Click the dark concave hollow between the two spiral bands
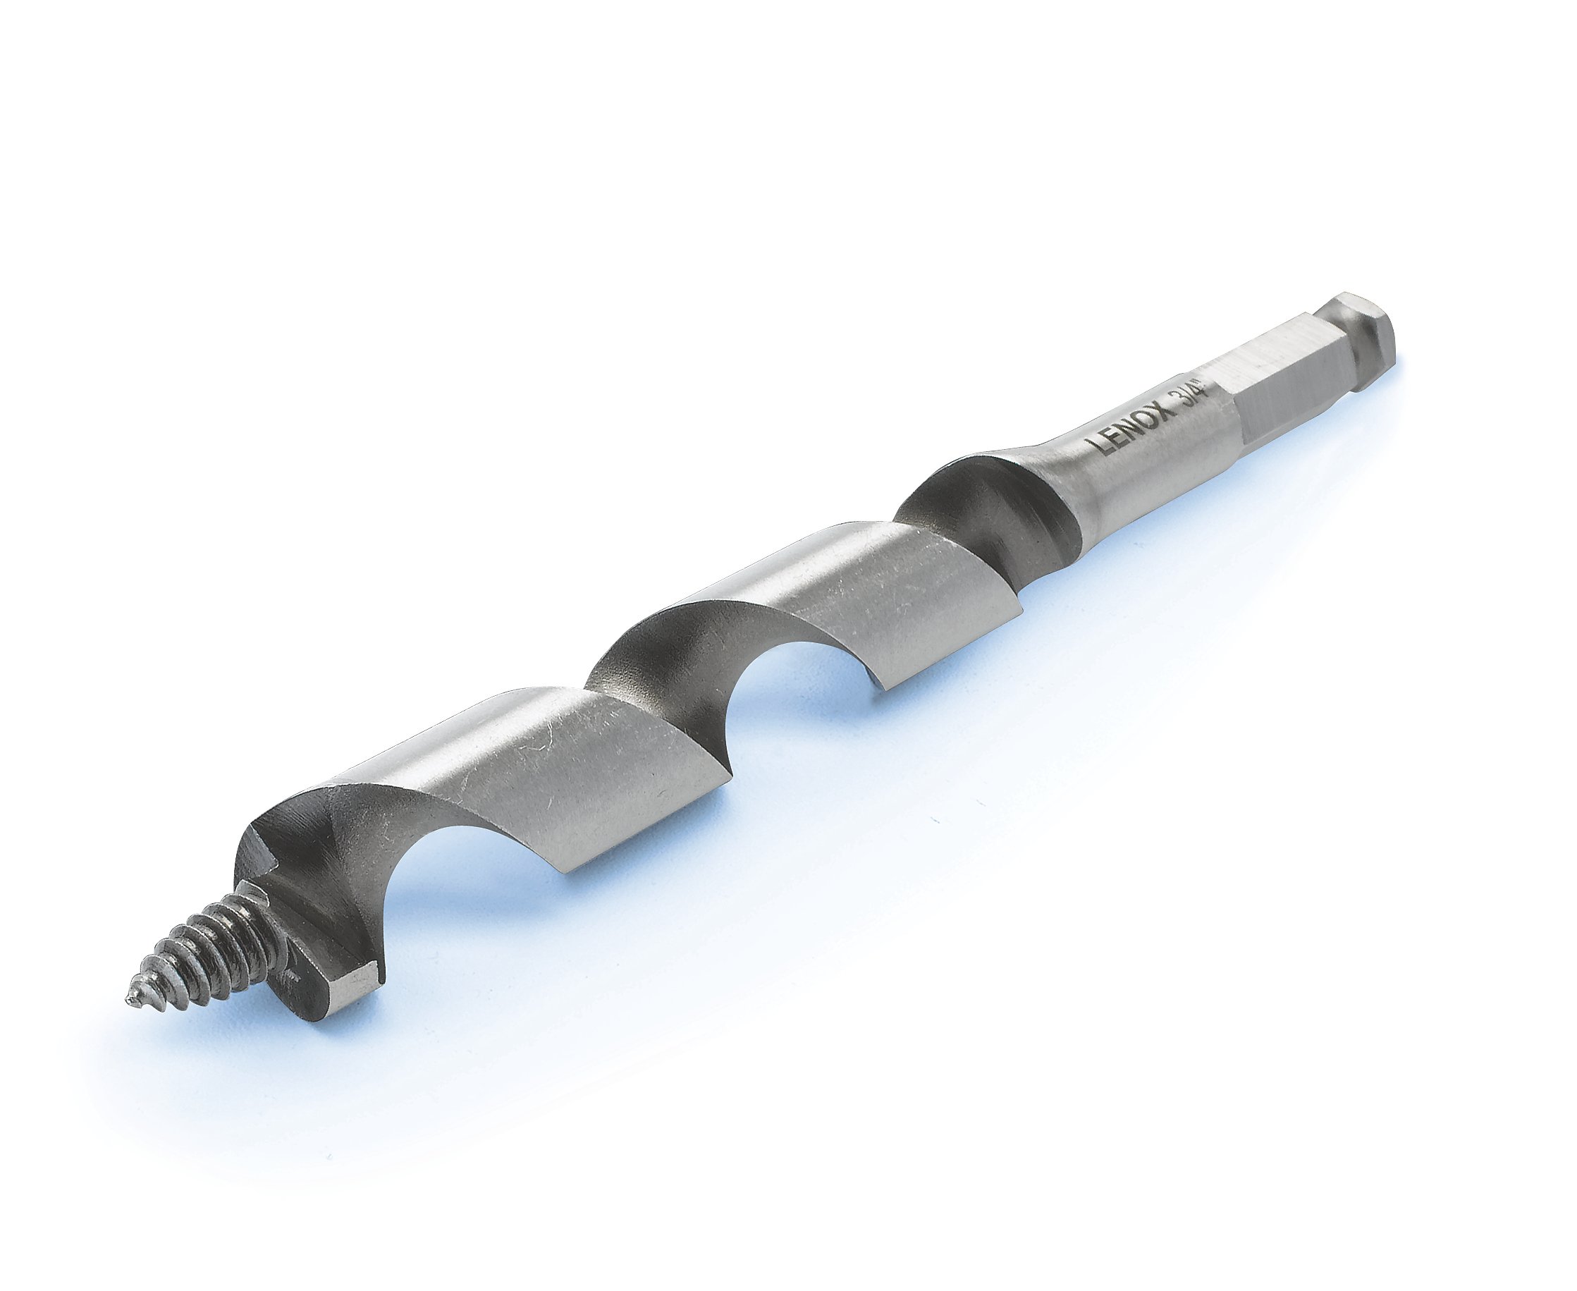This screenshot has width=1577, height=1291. (x=669, y=654)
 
